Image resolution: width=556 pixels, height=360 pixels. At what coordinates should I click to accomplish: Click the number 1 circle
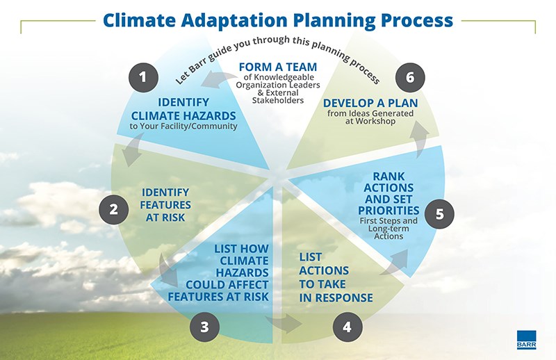pyautogui.click(x=142, y=77)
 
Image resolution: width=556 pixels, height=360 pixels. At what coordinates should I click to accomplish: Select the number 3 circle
pyautogui.click(x=204, y=327)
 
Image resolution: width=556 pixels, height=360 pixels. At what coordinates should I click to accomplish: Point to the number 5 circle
pyautogui.click(x=439, y=213)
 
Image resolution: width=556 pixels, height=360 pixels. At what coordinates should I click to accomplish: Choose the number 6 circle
pyautogui.click(x=410, y=77)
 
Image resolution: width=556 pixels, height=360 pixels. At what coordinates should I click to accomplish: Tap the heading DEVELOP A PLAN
pyautogui.click(x=370, y=103)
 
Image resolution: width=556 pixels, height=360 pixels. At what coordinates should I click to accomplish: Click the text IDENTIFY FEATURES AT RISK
pyautogui.click(x=165, y=204)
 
